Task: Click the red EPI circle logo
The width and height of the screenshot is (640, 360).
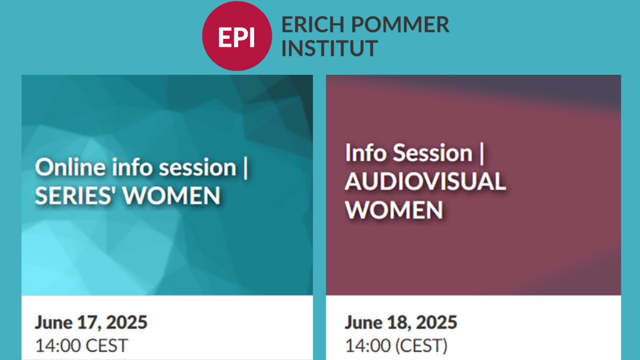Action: point(237,36)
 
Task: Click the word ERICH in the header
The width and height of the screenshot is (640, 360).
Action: point(313,24)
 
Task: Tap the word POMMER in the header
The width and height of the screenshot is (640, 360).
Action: point(400,24)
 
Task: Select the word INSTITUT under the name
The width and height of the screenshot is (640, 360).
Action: point(330,48)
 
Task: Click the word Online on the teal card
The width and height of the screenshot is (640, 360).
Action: point(70,167)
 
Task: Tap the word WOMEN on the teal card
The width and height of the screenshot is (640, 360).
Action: point(172,196)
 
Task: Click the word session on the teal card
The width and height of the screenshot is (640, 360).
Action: point(198,168)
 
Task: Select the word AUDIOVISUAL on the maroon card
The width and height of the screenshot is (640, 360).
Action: point(426,181)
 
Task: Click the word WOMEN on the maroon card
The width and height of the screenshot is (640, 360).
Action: point(394,210)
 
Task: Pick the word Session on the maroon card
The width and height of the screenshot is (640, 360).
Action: point(433,153)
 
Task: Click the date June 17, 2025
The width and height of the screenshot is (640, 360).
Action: point(91,322)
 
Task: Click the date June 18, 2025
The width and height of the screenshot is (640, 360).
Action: point(401,322)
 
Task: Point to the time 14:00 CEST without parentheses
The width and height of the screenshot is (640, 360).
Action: point(82,346)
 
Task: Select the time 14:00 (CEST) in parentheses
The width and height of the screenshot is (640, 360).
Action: point(396,346)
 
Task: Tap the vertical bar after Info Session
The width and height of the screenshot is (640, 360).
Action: point(482,154)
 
